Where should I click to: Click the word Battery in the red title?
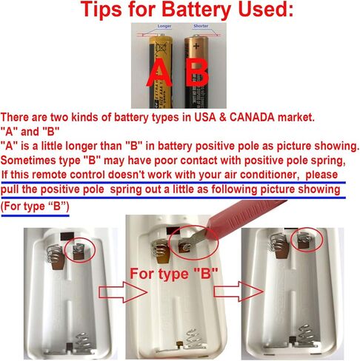point(196,10)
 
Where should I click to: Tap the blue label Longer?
point(164,26)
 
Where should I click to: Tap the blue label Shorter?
point(201,26)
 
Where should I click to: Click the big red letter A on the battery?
point(159,72)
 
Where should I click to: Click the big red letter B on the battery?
point(197,72)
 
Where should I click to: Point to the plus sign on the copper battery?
point(196,46)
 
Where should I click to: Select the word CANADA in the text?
point(252,117)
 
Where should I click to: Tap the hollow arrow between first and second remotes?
point(123,292)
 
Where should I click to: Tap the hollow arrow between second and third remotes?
point(239,291)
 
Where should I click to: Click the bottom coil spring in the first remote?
point(84,342)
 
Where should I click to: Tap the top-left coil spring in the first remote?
point(54,254)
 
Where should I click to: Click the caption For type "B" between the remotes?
point(174,274)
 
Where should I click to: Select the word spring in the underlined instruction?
point(126,189)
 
